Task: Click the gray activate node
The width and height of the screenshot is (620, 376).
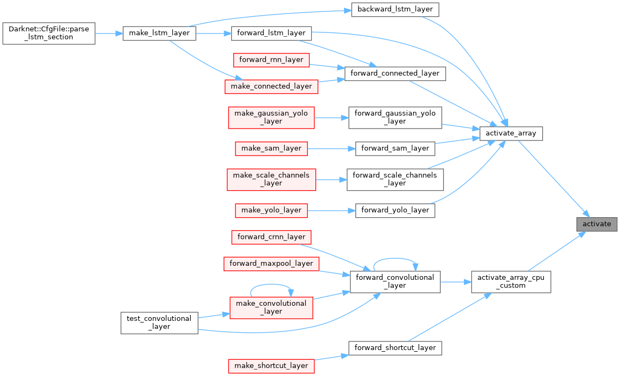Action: click(x=596, y=224)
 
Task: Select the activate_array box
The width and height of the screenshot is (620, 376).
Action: click(x=511, y=133)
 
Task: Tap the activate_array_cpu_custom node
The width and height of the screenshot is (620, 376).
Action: click(x=511, y=281)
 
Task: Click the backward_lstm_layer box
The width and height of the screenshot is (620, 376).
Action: click(x=395, y=10)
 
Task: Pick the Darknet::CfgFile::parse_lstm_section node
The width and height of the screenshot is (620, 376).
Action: click(x=49, y=33)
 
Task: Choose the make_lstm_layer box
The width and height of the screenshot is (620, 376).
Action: click(x=159, y=33)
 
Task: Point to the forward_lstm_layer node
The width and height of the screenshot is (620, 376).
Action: click(x=271, y=33)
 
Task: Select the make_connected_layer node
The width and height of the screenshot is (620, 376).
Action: click(x=271, y=86)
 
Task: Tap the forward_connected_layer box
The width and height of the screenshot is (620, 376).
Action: click(x=395, y=73)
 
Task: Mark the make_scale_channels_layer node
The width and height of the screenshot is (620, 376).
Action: click(x=271, y=179)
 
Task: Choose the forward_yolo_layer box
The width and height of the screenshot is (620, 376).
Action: click(x=395, y=210)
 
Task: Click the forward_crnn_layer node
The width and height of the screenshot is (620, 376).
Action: click(x=271, y=237)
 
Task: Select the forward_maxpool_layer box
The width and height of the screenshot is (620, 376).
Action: click(x=271, y=264)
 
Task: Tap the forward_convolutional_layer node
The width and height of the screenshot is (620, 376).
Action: click(x=395, y=281)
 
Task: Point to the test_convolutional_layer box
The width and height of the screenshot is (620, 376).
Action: click(x=159, y=322)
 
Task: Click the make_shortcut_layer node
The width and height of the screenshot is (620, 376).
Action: click(x=271, y=366)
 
